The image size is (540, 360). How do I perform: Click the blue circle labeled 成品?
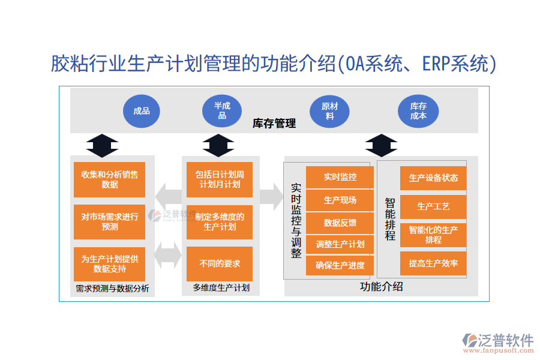click(142, 111)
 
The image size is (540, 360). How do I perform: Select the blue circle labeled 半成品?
click(222, 111)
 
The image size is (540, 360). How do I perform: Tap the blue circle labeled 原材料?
click(329, 111)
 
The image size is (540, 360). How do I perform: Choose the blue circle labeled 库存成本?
click(418, 111)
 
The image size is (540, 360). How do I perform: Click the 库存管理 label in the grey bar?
click(274, 124)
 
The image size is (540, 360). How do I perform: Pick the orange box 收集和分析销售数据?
click(110, 179)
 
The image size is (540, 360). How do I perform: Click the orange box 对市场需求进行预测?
click(110, 221)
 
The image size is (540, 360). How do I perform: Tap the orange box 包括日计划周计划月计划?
click(220, 179)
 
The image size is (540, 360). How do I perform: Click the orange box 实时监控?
click(340, 177)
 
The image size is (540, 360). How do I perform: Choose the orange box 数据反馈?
click(340, 223)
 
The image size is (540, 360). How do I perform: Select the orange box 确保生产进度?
click(340, 266)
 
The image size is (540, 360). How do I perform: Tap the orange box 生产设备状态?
click(433, 178)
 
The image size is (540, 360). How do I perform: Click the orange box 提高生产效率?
click(433, 263)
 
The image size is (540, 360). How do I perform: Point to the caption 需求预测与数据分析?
click(112, 289)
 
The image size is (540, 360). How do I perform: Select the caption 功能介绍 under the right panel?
click(381, 286)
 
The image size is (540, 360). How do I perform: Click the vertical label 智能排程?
click(390, 219)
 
